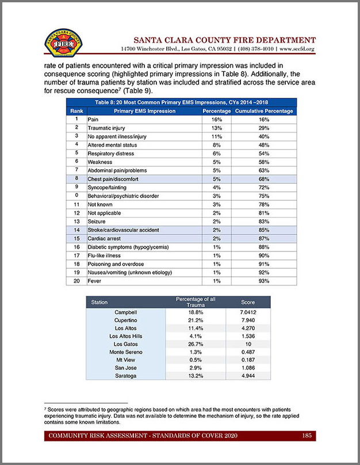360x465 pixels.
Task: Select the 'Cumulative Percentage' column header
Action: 264,110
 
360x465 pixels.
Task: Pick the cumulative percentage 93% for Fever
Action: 264,280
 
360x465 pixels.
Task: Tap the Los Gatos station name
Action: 125,343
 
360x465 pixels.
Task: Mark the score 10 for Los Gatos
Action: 247,343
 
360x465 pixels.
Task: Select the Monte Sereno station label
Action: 125,351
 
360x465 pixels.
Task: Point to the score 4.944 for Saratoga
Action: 247,375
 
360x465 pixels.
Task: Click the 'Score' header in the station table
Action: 247,302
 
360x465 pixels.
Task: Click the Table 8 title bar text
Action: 182,102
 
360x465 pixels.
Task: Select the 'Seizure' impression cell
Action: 97,221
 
